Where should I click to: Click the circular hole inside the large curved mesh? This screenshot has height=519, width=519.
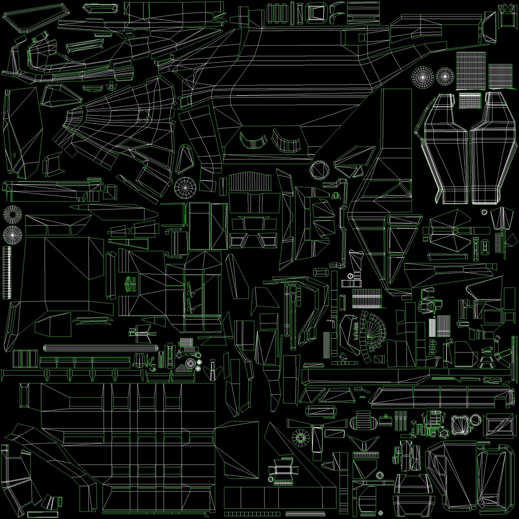[143, 115]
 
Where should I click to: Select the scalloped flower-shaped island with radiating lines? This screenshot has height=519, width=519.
[461, 425]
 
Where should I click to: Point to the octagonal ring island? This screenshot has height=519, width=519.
[319, 169]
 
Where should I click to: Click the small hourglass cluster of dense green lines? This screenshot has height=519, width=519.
[129, 284]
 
